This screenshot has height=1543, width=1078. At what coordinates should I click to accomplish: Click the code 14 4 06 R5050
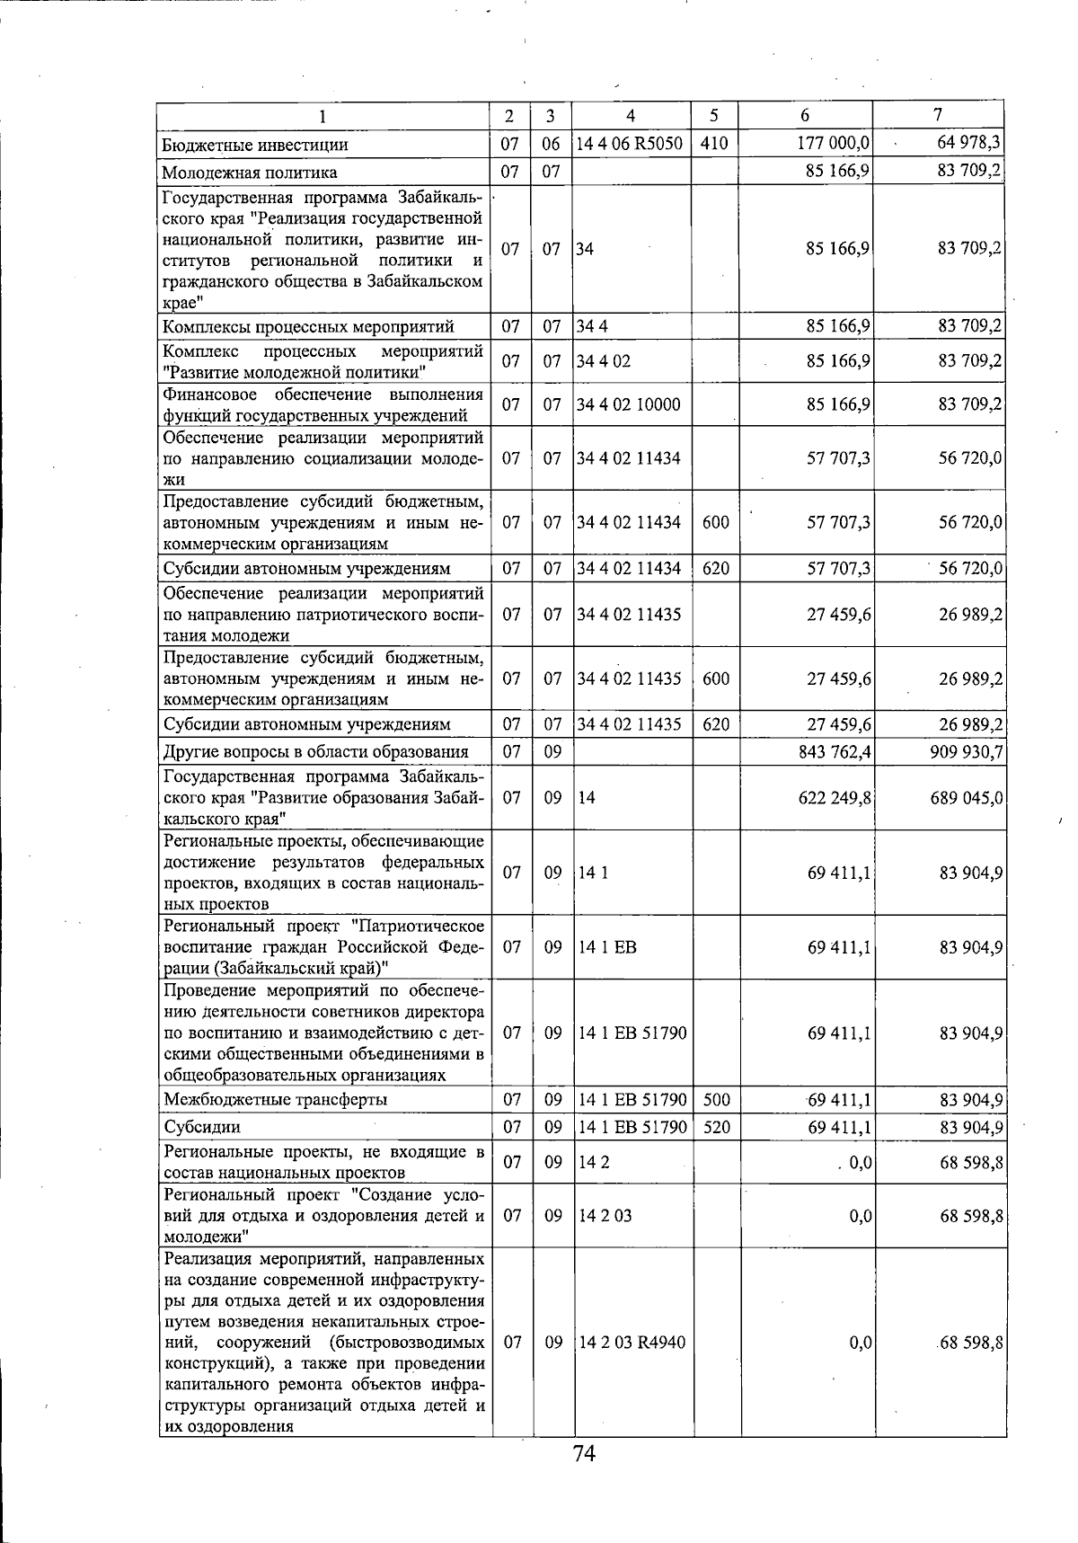pos(630,144)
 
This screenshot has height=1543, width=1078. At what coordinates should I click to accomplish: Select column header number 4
pos(631,115)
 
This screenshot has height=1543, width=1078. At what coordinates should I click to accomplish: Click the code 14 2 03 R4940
pos(632,1343)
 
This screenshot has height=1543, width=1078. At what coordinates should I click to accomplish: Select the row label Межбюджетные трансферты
pos(276,1100)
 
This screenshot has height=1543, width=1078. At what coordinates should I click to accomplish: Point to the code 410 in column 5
pos(713,144)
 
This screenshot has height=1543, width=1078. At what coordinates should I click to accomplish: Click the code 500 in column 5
pos(716,1100)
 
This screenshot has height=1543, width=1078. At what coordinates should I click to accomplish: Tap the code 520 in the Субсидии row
pos(716,1127)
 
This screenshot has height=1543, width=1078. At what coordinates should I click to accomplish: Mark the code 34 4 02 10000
pos(629,405)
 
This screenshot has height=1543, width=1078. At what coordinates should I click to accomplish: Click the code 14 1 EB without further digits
pos(608,947)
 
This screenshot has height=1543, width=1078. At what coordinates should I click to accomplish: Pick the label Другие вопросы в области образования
pos(315,752)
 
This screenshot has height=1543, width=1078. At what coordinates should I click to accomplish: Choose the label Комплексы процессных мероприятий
pos(308,326)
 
